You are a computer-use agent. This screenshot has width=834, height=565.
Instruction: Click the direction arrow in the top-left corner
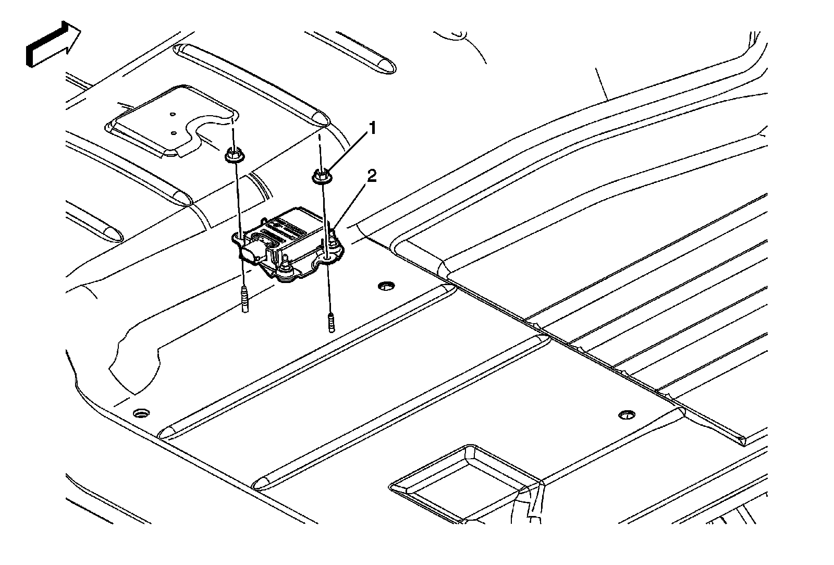(52, 44)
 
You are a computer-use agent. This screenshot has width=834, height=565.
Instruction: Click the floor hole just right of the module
(386, 286)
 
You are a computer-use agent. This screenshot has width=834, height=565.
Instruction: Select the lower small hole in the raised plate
(174, 132)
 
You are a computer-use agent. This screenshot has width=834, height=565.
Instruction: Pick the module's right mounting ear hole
(327, 256)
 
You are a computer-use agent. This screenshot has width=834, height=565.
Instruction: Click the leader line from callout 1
(347, 151)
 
